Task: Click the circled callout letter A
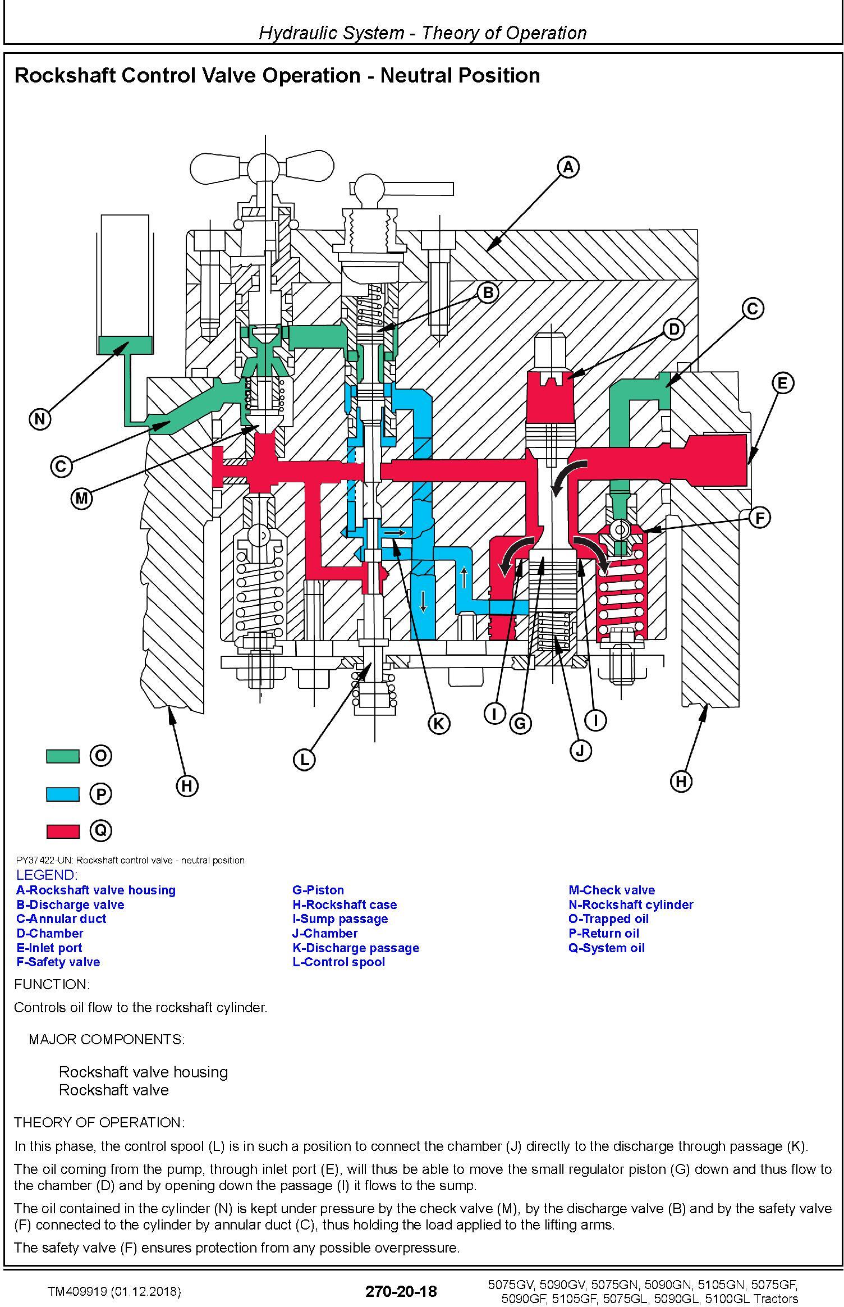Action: pos(568,167)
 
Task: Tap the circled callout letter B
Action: pos(488,292)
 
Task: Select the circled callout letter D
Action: pos(674,329)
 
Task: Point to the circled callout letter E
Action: pos(782,383)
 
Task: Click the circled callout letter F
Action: pos(760,517)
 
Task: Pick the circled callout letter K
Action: pos(438,724)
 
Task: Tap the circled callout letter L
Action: pos(304,760)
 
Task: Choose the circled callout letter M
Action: pos(82,498)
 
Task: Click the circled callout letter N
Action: pos(40,419)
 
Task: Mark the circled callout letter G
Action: pos(520,724)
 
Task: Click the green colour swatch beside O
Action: pos(62,756)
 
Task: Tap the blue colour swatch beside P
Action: pos(62,794)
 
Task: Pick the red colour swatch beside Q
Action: pos(62,830)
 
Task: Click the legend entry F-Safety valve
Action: pos(58,962)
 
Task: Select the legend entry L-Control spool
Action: pos(338,962)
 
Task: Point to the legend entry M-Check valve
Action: pos(611,890)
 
